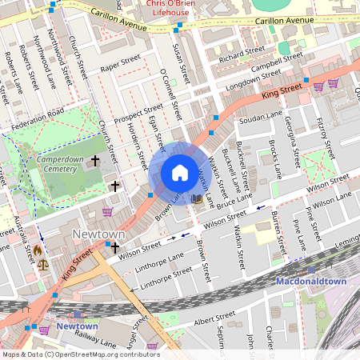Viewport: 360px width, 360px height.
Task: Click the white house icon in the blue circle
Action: point(180,173)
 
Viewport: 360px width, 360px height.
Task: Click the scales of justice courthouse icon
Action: point(42,263)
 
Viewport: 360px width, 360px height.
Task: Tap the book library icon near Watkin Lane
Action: point(197,197)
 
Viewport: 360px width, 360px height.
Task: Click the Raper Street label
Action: point(120,61)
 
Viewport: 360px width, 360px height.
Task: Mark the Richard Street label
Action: point(242,53)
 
